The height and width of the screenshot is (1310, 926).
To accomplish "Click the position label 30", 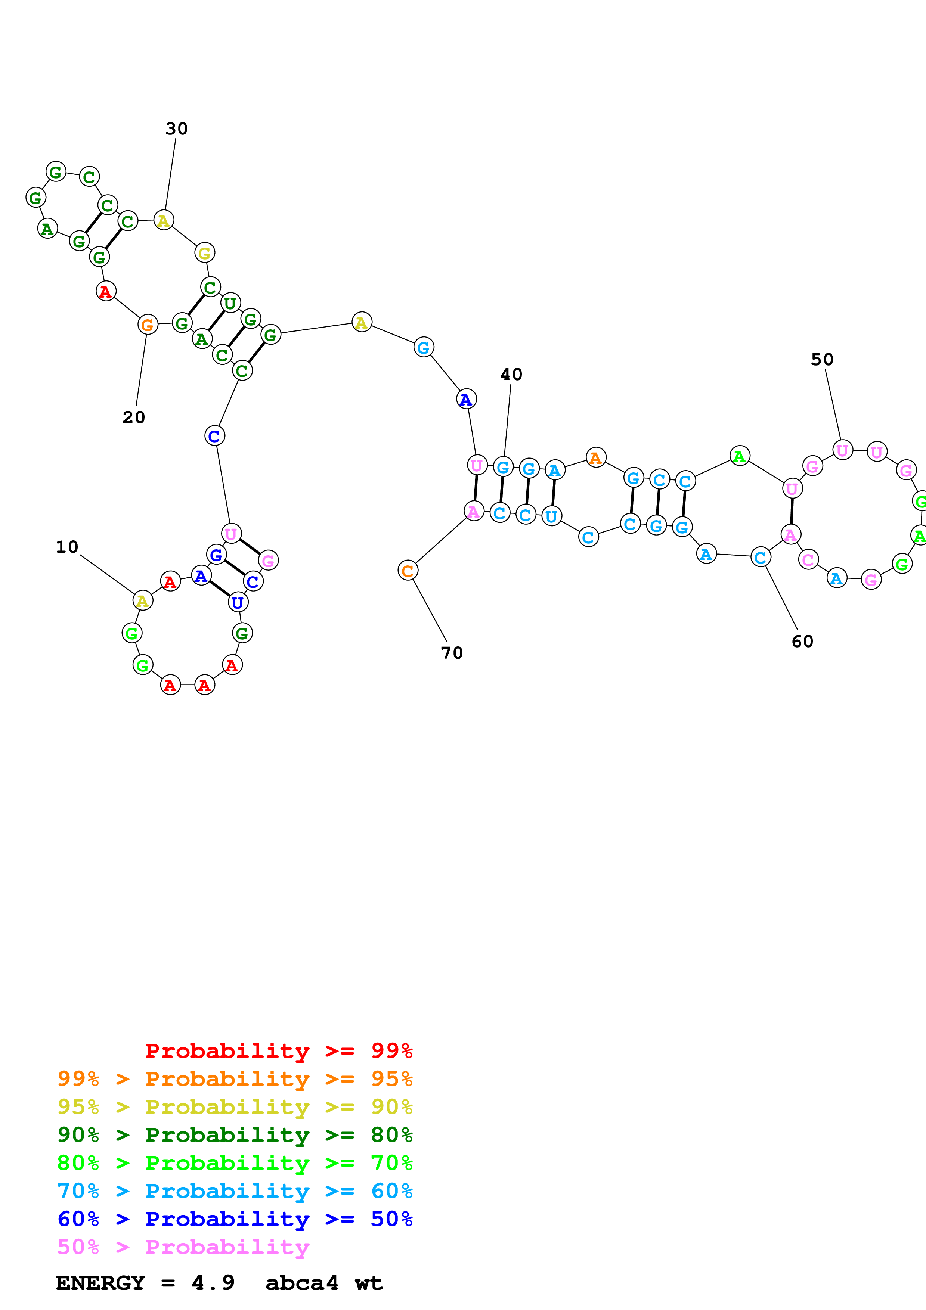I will (176, 129).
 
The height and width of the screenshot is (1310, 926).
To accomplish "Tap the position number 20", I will (133, 417).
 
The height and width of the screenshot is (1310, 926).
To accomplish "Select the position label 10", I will (67, 547).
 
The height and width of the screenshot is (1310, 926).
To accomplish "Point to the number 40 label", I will (511, 375).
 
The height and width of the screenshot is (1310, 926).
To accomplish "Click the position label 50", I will (822, 360).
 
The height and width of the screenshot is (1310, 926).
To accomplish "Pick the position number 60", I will (802, 642).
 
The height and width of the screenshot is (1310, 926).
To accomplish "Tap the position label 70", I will (452, 653).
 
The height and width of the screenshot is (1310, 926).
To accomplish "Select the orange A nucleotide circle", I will (596, 457).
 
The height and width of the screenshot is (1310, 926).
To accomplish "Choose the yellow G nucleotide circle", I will (205, 253).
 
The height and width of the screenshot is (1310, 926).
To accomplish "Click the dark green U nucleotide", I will (230, 303).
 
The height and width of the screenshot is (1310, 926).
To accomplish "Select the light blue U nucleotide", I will (551, 516).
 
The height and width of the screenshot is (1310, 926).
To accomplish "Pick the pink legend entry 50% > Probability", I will (183, 1248).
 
